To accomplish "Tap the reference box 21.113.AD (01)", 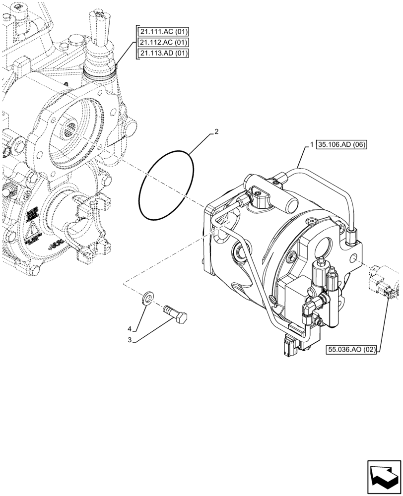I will pos(164,54).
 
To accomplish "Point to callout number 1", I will pos(311,145).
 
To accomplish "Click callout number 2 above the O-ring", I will pos(216,132).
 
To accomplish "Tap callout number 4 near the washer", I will pos(130,329).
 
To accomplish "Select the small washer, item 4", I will pos(147,298).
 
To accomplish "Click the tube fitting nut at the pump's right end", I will pos(352,232).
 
